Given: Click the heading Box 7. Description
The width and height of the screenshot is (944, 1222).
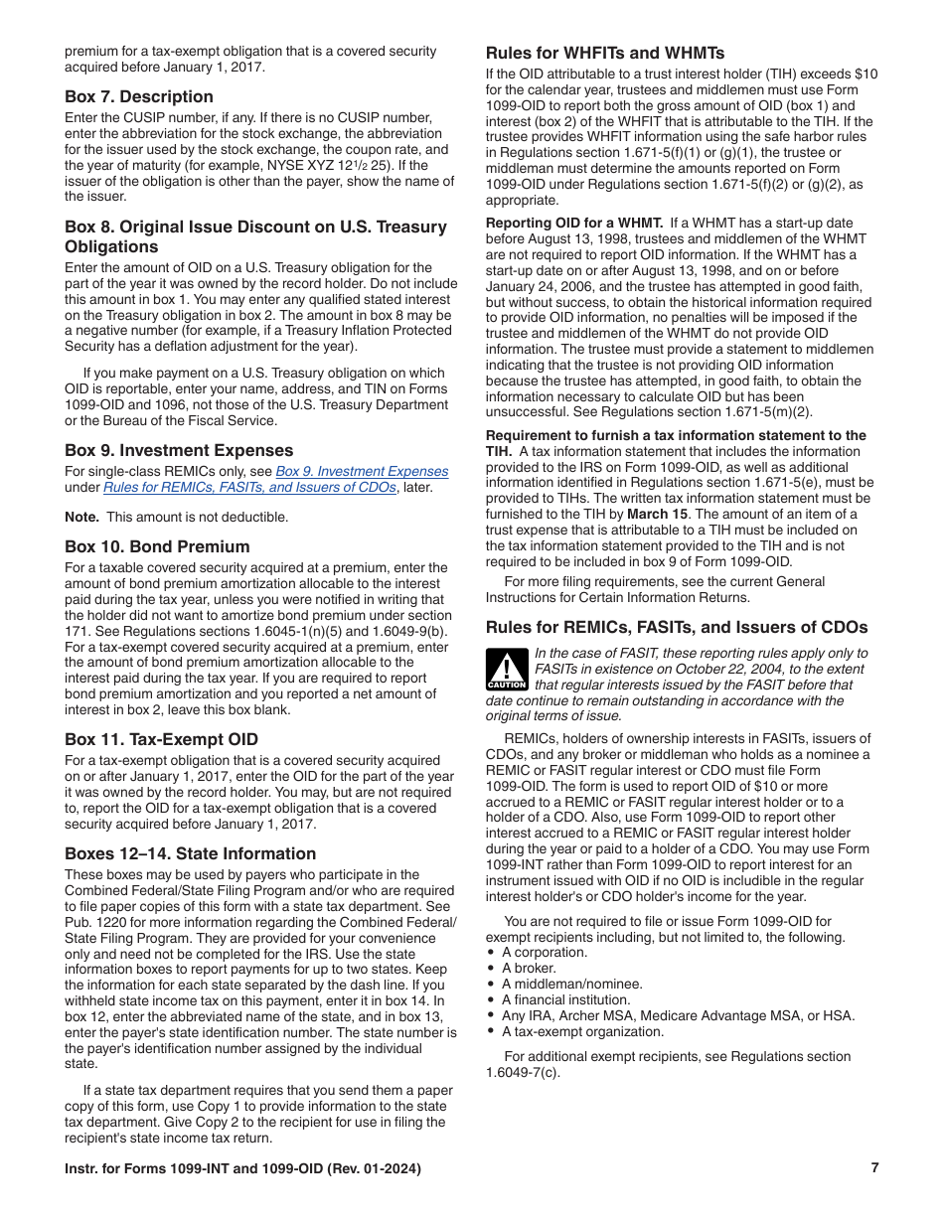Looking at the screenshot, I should [x=138, y=96].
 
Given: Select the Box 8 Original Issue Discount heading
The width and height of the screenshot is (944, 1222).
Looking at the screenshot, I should [x=255, y=236].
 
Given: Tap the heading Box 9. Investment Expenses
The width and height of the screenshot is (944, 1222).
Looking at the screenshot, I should [x=179, y=450].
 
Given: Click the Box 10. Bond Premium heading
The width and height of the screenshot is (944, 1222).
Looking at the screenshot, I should [x=157, y=546].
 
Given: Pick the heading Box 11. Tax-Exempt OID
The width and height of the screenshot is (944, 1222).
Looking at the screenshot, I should [x=161, y=739].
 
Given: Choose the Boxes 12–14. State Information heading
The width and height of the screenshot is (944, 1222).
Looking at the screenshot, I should [x=190, y=853].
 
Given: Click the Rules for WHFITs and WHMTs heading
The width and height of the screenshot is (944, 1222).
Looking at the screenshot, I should [x=604, y=53].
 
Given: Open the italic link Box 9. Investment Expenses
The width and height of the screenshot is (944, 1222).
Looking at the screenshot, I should [x=361, y=471].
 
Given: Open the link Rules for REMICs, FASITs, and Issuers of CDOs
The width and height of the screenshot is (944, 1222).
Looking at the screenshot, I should [x=249, y=487].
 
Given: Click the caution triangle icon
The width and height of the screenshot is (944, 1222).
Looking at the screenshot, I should [x=506, y=670].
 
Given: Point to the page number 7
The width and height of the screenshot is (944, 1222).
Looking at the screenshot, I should [x=874, y=1168].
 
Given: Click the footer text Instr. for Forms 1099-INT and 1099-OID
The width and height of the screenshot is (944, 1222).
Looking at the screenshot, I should [x=242, y=1169].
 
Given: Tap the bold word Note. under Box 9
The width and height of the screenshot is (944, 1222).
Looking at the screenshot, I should [x=81, y=517].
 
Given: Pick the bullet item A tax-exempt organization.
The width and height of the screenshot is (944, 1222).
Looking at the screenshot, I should [x=582, y=1031].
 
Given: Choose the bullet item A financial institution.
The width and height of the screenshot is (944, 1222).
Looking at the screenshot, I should [x=565, y=999].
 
